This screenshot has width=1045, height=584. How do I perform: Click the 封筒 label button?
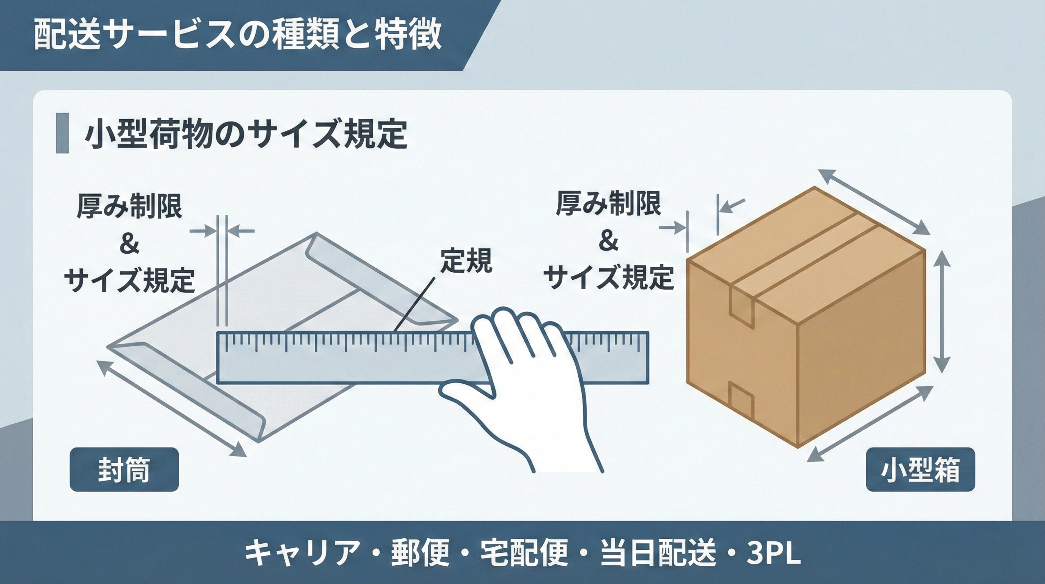tap(124, 470)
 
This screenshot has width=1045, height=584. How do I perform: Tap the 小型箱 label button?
tap(920, 470)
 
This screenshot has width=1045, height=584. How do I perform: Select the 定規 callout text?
tap(466, 260)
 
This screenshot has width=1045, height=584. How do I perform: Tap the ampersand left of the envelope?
tap(129, 245)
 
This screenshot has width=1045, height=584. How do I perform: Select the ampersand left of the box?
tap(608, 242)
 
